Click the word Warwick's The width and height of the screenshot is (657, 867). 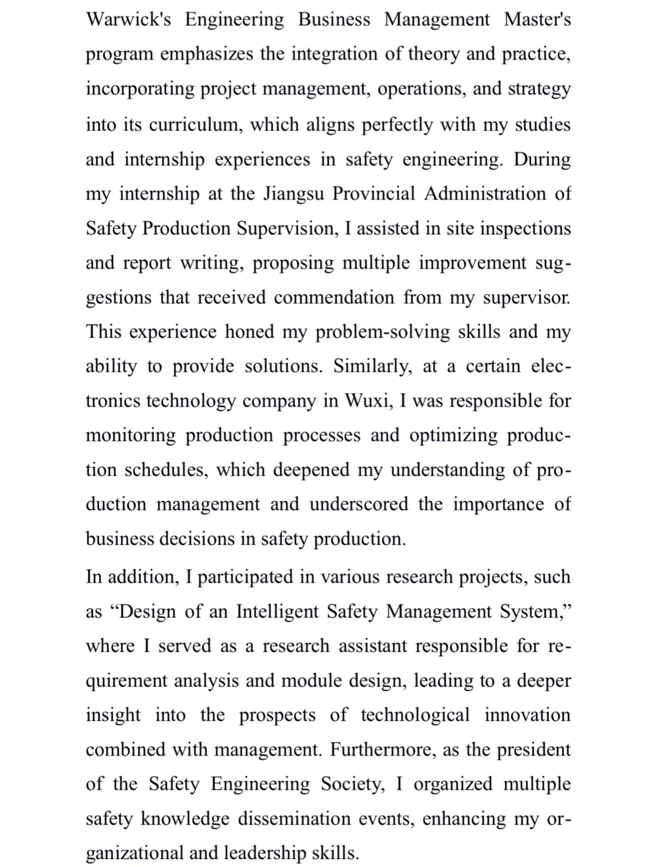(128, 19)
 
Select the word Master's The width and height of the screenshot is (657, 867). (537, 19)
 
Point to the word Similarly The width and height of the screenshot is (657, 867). (372, 367)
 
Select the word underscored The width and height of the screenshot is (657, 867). (359, 504)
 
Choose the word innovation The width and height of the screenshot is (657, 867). (527, 715)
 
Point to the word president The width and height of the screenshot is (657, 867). (534, 749)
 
